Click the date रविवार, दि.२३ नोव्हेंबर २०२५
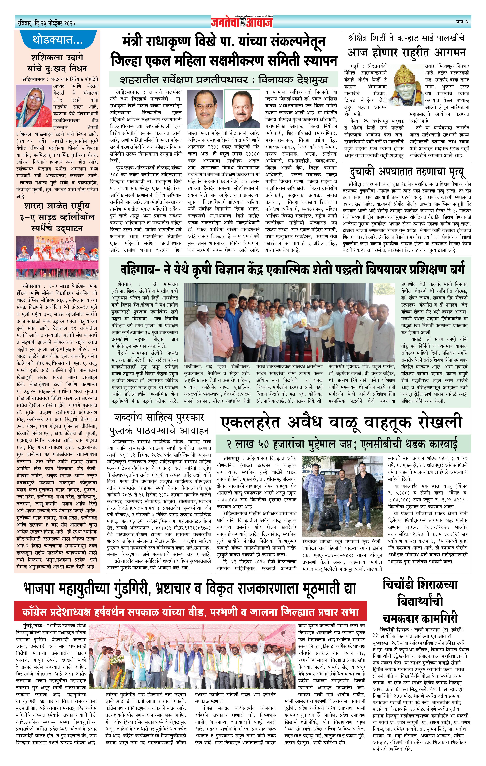point(46,23)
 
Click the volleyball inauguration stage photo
point(57,257)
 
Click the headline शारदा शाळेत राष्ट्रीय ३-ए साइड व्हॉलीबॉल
point(57,217)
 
